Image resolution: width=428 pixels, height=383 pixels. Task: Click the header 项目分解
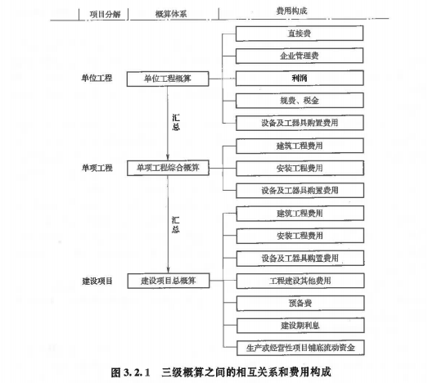click(105, 14)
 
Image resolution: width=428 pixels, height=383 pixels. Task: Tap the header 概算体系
click(171, 14)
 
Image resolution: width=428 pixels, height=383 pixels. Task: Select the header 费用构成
click(291, 11)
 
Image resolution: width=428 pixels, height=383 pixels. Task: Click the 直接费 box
click(300, 34)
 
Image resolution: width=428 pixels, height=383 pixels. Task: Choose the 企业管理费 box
click(300, 56)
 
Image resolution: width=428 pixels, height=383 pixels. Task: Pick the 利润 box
click(300, 78)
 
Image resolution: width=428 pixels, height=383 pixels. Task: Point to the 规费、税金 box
click(300, 101)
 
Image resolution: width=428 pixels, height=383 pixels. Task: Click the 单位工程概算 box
click(168, 79)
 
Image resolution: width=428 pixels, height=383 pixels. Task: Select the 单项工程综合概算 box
click(168, 168)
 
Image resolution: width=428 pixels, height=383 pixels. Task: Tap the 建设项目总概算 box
click(169, 281)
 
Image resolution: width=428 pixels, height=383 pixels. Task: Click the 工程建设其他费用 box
click(300, 281)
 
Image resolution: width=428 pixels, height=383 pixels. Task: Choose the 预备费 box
click(300, 303)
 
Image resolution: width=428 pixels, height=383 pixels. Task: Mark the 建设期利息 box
click(300, 326)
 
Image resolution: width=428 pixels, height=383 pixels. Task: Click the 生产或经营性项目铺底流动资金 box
click(300, 348)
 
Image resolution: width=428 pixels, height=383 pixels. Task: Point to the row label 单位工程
click(97, 78)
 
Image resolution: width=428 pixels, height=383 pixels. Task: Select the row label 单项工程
click(97, 168)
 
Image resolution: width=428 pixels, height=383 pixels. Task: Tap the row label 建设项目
click(97, 281)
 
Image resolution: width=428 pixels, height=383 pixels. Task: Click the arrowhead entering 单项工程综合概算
click(168, 157)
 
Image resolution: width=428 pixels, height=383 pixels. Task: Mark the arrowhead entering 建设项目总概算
click(168, 271)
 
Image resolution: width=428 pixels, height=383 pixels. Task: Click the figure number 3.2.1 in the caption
click(137, 372)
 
